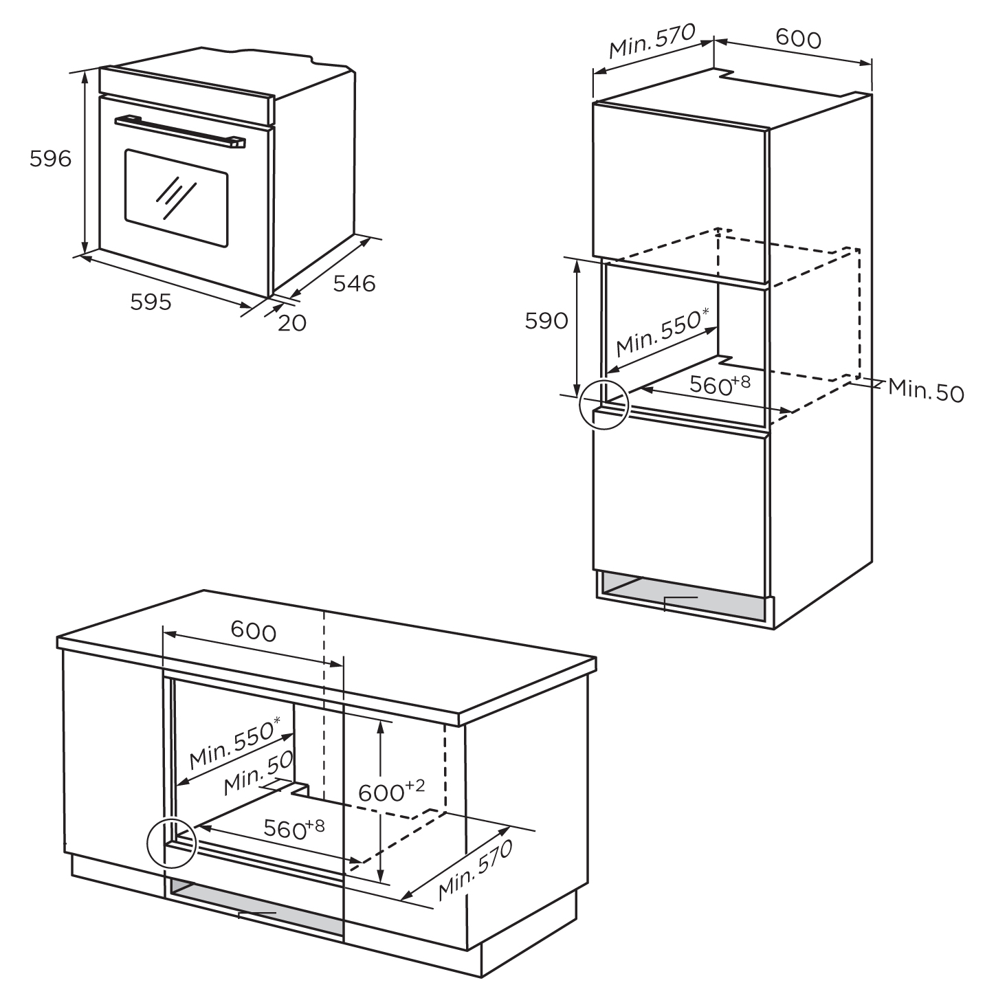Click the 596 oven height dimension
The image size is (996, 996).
(50, 159)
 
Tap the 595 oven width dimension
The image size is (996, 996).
(151, 302)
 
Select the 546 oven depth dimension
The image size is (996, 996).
(354, 283)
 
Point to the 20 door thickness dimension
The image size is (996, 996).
(292, 323)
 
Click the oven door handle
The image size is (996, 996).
(180, 132)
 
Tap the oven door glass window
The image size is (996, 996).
(176, 199)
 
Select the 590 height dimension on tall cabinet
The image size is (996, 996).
(546, 321)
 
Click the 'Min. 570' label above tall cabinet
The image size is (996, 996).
(652, 41)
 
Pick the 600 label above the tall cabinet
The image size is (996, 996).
(798, 38)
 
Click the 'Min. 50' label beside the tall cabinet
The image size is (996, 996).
(926, 390)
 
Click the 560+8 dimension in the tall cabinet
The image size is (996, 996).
(720, 384)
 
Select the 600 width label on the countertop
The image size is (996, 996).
(253, 631)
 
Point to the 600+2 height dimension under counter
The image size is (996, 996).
(391, 791)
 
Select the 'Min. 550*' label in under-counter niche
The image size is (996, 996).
(235, 742)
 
